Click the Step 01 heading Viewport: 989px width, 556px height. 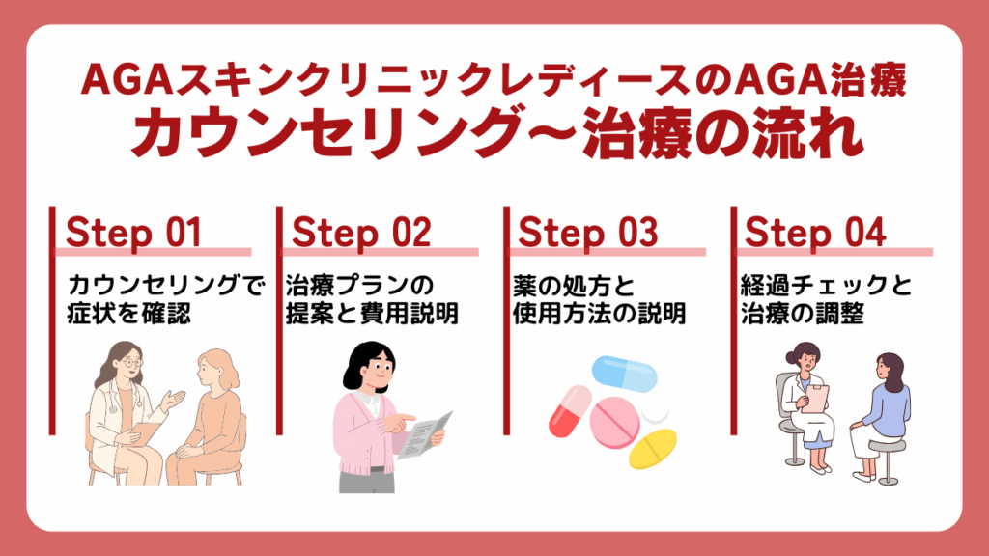click(x=133, y=233)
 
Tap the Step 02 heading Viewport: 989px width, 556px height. click(x=361, y=233)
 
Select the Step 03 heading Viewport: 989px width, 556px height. click(x=588, y=233)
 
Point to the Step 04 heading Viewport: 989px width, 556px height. click(x=815, y=233)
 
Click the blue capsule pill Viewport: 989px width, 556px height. click(x=625, y=374)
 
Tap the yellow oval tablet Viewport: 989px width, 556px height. click(x=653, y=448)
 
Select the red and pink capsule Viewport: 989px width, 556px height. click(x=570, y=411)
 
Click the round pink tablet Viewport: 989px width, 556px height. click(x=614, y=423)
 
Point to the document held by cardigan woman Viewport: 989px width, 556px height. click(x=426, y=435)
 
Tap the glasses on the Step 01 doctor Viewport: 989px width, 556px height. click(x=131, y=363)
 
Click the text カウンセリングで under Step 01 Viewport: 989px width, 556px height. click(x=166, y=285)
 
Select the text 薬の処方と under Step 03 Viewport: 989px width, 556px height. click(x=574, y=285)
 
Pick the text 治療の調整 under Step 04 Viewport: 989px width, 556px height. click(x=803, y=314)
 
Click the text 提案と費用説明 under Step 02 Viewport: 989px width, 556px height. click(x=372, y=314)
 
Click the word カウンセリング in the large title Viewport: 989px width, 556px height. click(x=327, y=133)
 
